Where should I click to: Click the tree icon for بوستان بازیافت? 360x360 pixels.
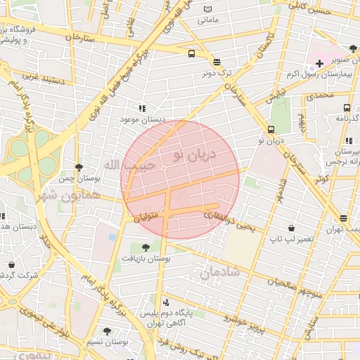pos(146,247)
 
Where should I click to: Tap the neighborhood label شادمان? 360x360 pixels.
pos(219,271)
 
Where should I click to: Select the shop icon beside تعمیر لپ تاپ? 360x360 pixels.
pos(291,228)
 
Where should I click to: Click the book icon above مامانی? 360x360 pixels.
pos(207,9)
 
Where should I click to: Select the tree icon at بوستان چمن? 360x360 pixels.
pos(79,167)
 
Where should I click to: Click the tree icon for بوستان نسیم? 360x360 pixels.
pos(107,330)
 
